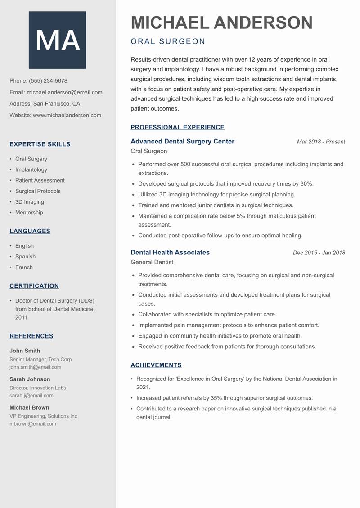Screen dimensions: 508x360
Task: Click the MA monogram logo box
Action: coord(58,40)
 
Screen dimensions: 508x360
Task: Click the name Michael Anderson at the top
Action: coord(221,23)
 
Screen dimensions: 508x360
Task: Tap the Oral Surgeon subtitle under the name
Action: coord(168,42)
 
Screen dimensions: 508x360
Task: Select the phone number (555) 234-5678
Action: coord(48,81)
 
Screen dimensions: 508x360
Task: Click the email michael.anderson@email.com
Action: coord(64,92)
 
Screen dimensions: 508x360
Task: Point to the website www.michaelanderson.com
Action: coord(67,115)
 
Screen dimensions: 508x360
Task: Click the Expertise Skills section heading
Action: coord(40,144)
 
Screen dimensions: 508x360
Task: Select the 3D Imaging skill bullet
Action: coord(30,202)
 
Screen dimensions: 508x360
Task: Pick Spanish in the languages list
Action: coord(25,257)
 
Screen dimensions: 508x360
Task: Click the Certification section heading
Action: coord(34,286)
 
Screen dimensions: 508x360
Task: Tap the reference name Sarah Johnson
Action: coord(30,379)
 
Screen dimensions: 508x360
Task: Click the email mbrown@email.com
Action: coord(33,423)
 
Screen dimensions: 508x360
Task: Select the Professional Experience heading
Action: coord(177,127)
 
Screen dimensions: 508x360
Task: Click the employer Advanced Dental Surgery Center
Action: coord(182,142)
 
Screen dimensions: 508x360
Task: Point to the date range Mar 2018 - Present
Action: coord(321,142)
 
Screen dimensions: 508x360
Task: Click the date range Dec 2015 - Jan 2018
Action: coord(319,253)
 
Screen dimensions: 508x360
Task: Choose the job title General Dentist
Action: coord(152,262)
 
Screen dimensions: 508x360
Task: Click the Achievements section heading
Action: coord(156,365)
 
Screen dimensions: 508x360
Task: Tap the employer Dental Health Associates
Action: coord(170,253)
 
